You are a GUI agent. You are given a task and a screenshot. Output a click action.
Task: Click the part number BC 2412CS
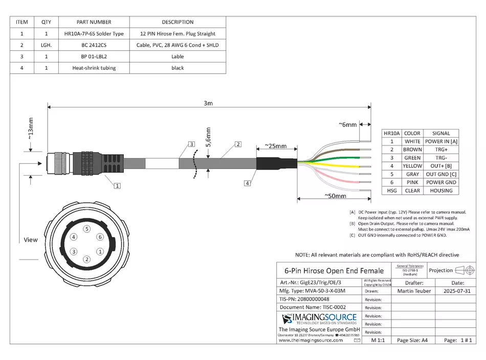94,45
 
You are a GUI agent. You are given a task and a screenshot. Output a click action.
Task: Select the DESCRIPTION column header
178,22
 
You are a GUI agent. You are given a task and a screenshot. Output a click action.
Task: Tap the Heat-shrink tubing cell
94,68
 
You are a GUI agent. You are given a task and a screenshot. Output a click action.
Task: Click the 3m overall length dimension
208,103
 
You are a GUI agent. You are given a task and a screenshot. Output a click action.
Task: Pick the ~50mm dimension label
336,196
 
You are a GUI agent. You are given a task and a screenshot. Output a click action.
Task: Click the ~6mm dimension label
347,124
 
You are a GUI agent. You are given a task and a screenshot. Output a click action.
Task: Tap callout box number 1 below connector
117,186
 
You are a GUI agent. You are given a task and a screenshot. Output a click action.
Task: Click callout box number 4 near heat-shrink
248,183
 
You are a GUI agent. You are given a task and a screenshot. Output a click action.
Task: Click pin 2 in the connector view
87,260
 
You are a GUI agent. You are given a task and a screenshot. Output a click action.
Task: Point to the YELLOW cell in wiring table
412,166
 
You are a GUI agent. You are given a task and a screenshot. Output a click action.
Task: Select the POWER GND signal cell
441,182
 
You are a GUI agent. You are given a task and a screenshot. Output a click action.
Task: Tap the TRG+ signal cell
441,150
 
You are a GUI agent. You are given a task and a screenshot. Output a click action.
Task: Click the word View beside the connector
31,240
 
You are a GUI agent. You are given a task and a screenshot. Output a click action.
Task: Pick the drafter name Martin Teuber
414,291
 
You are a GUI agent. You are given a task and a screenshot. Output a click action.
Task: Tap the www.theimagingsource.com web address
311,340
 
